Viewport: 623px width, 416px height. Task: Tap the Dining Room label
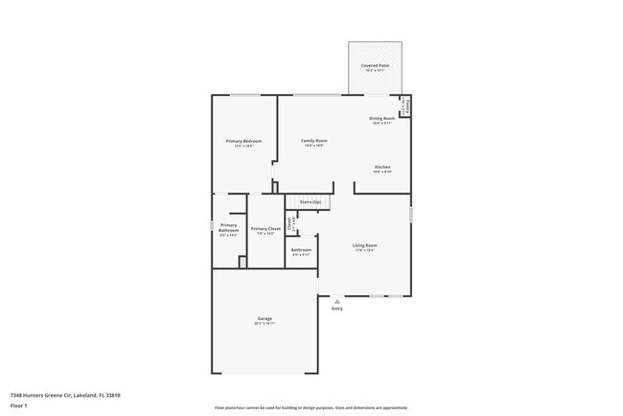point(381,118)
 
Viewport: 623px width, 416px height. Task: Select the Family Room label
point(314,141)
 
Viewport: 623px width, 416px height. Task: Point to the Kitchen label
point(382,167)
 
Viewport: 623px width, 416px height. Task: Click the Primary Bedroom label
point(243,141)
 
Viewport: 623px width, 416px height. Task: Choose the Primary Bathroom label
point(228,229)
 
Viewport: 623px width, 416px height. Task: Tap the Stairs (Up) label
point(310,202)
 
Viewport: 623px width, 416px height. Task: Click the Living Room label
point(365,245)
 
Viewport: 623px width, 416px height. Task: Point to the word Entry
point(336,309)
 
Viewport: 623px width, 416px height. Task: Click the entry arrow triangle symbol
point(336,300)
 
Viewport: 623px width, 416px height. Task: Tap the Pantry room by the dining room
point(406,105)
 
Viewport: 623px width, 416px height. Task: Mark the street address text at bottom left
point(65,395)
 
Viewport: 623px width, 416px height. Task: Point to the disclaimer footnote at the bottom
point(311,408)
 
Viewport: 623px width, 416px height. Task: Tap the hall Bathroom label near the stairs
point(301,250)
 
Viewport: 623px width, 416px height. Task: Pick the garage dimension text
point(265,324)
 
